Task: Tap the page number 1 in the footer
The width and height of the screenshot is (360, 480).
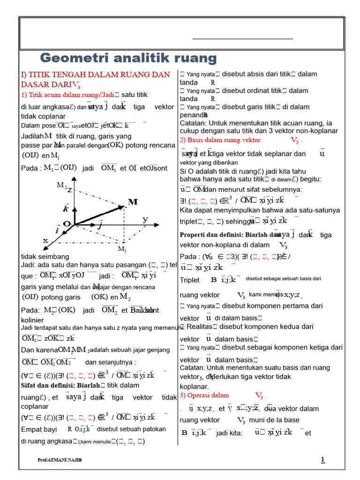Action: [x=322, y=460]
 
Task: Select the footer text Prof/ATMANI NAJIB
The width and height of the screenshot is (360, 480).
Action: [x=60, y=460]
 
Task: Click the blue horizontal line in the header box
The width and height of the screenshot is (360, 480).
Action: [x=242, y=38]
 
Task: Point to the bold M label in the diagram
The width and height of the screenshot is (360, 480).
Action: [x=133, y=202]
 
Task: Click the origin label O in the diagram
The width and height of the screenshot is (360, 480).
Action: [x=66, y=224]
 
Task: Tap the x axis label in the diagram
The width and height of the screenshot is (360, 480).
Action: [x=45, y=240]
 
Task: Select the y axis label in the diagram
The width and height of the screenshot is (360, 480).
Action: [x=145, y=219]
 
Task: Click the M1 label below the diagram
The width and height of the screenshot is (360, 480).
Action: [x=122, y=248]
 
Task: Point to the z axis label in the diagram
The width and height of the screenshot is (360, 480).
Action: [x=69, y=189]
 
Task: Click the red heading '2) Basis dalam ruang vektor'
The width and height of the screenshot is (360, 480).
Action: [x=220, y=140]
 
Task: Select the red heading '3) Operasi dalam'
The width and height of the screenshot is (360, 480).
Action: [x=204, y=395]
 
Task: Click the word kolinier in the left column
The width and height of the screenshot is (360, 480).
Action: [x=32, y=320]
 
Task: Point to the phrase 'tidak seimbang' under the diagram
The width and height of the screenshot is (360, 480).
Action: [x=45, y=256]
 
